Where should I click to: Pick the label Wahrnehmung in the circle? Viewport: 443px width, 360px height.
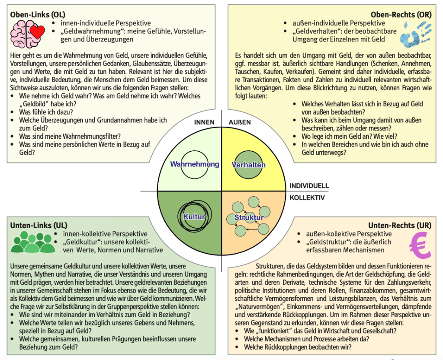(194, 164)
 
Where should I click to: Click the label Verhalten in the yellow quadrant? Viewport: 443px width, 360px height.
(248, 165)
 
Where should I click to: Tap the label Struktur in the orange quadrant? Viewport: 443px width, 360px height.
(249, 217)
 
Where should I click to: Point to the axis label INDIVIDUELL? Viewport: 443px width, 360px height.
(309, 186)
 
